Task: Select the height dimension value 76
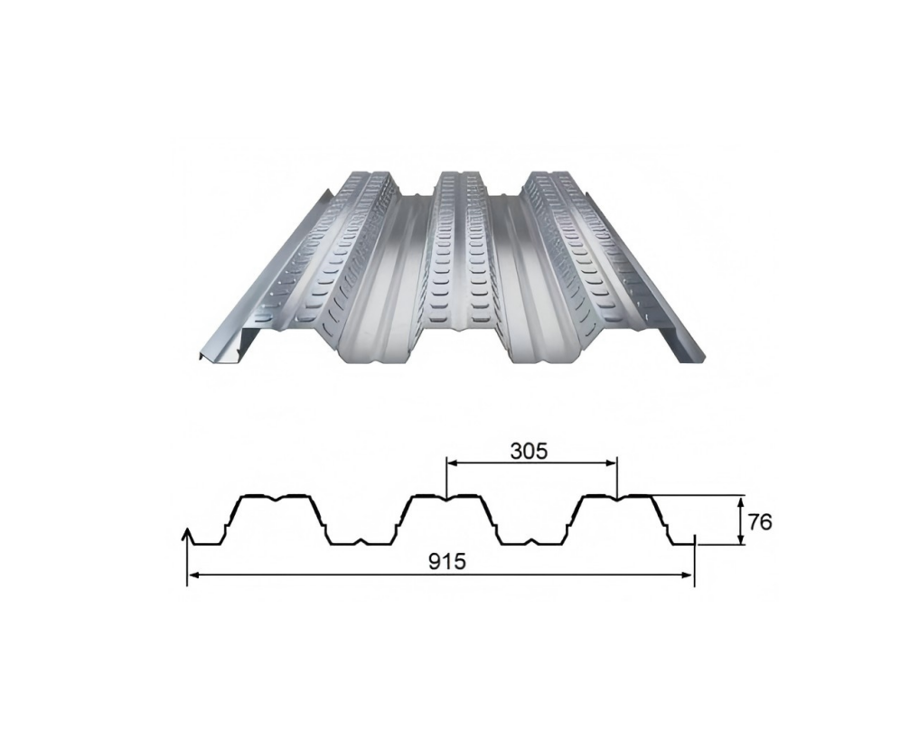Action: [760, 521]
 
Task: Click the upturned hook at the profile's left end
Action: [188, 536]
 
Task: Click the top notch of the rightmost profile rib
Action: [617, 497]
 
